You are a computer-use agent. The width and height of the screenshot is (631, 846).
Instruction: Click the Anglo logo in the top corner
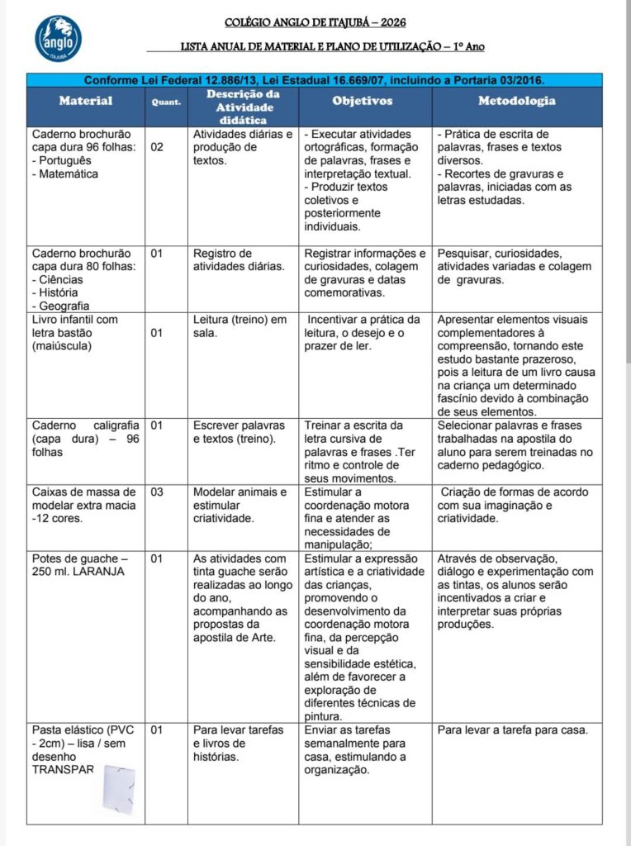[x=58, y=39]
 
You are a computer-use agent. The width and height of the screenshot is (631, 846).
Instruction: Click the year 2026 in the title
[x=391, y=22]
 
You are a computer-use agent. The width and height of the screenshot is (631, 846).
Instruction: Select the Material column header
[x=85, y=102]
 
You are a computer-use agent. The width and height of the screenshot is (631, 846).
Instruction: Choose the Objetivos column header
[x=363, y=101]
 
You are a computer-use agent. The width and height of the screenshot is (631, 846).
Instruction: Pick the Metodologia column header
[x=517, y=101]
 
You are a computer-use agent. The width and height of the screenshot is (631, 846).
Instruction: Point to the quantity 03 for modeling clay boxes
[x=158, y=492]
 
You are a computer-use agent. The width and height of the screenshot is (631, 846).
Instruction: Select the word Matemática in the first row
[x=69, y=174]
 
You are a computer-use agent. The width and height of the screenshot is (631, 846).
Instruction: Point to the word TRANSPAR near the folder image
[x=63, y=769]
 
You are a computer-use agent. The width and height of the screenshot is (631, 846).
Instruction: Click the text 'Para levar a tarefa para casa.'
[x=512, y=730]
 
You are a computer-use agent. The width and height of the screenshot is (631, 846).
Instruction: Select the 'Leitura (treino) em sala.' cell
[x=239, y=326]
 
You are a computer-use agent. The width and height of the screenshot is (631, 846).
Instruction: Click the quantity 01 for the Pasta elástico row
[x=158, y=730]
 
